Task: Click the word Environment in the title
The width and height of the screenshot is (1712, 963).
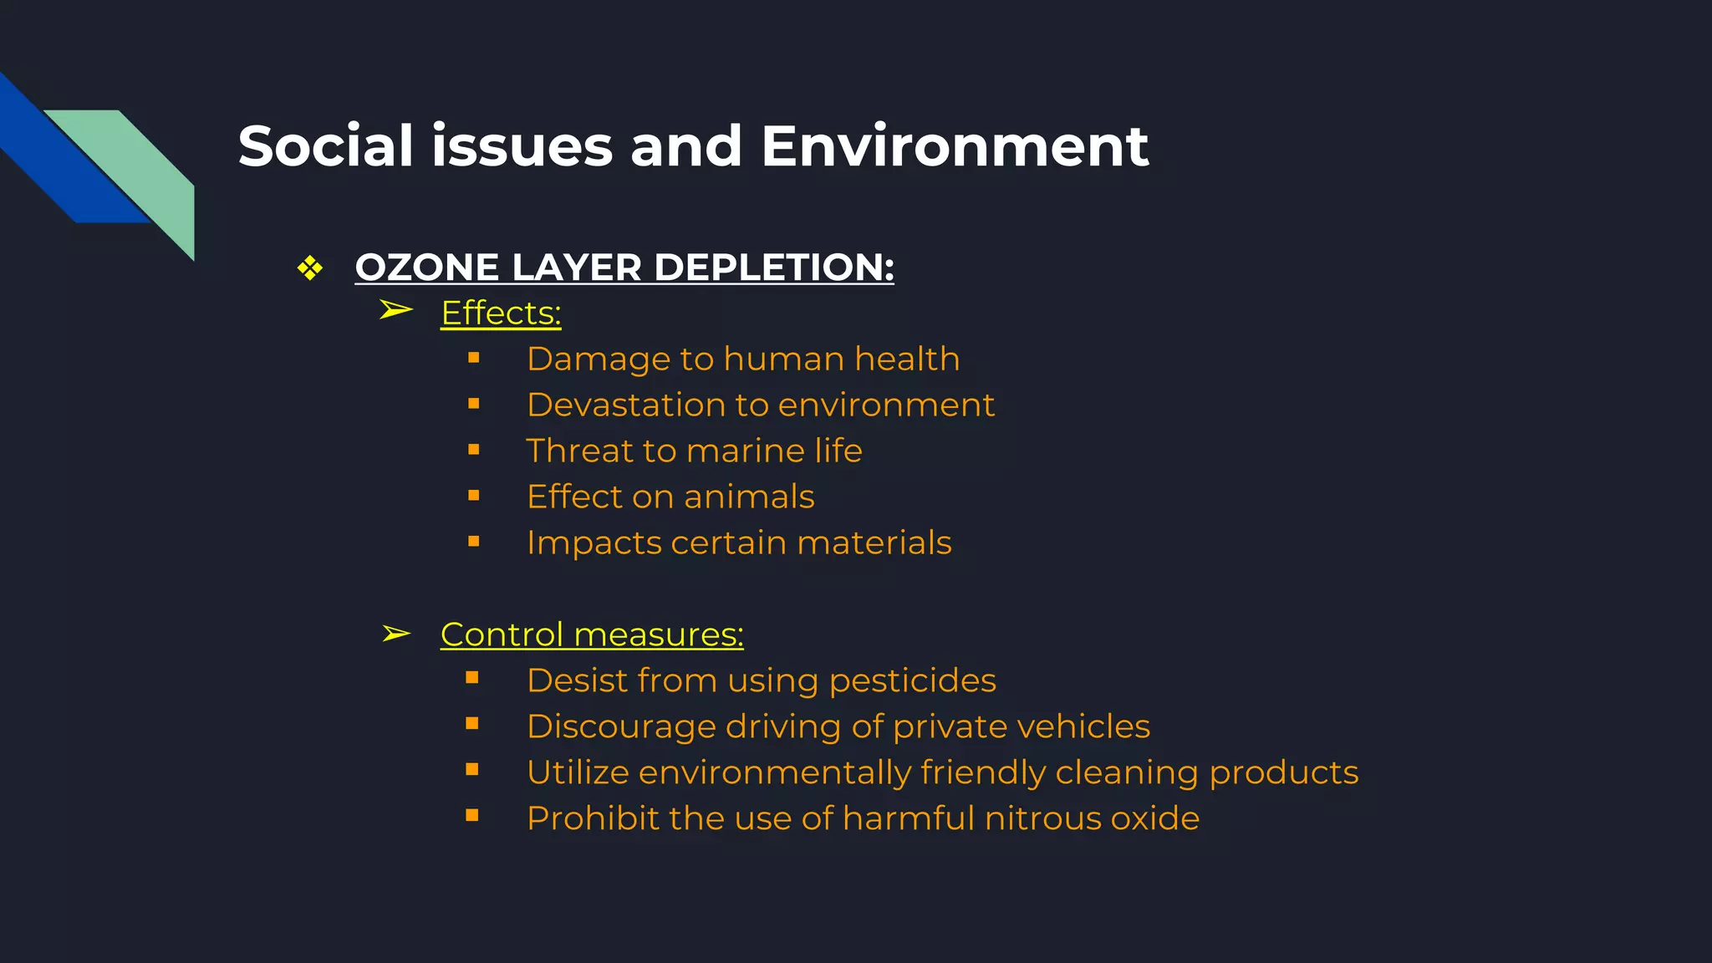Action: pyautogui.click(x=955, y=146)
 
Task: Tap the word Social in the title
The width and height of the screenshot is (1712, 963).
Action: pyautogui.click(x=325, y=146)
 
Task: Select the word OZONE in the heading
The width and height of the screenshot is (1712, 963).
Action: pyautogui.click(x=427, y=267)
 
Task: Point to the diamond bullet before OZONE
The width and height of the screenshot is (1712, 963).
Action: pyautogui.click(x=310, y=268)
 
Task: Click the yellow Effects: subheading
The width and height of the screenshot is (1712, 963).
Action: pyautogui.click(x=501, y=313)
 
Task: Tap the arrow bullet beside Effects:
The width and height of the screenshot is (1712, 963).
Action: pyautogui.click(x=395, y=310)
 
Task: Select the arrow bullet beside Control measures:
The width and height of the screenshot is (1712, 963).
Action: pyautogui.click(x=395, y=634)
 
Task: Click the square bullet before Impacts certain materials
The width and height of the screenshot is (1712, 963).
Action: pyautogui.click(x=474, y=542)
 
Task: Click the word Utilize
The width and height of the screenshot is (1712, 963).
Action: pyautogui.click(x=578, y=772)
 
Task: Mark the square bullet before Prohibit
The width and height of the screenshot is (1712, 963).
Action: pyautogui.click(x=472, y=815)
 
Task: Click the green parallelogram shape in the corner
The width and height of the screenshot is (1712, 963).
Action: pyautogui.click(x=142, y=167)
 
